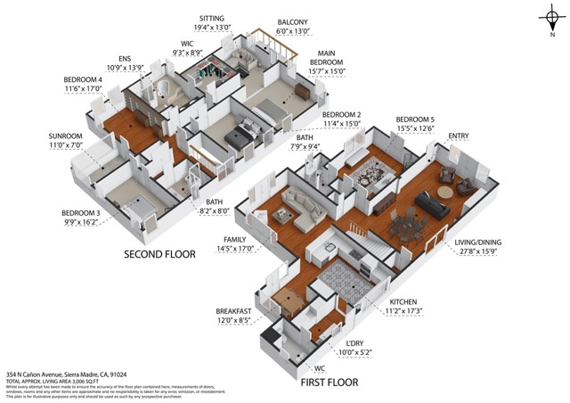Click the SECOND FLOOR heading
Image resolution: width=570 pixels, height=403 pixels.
coord(159,254)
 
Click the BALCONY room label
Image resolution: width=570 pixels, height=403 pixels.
coord(292,22)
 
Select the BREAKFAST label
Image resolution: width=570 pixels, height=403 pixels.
coord(235,311)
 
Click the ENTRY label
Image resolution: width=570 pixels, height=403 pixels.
coord(459,136)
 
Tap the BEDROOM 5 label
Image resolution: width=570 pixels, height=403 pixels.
coord(415,119)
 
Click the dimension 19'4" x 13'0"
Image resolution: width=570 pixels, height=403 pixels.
coord(212,27)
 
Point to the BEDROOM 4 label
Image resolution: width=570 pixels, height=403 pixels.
coord(83,78)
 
